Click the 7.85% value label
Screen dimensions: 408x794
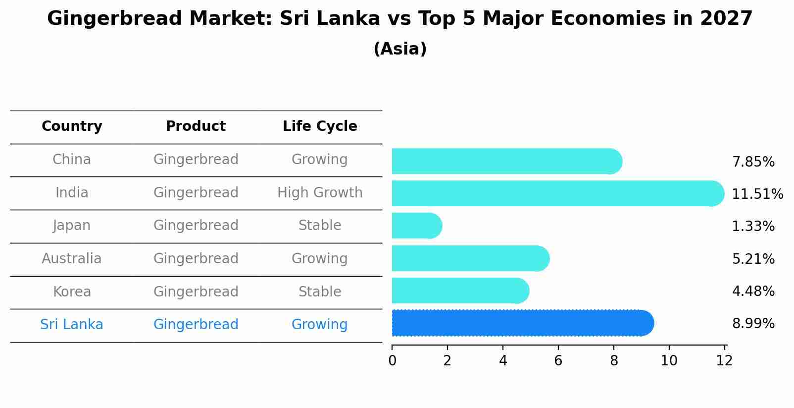[753, 162]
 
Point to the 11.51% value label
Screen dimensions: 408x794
[757, 194]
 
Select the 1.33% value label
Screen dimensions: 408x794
[753, 227]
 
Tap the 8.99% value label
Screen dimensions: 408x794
[753, 324]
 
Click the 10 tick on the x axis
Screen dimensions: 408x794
[669, 361]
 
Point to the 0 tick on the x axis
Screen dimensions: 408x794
[392, 361]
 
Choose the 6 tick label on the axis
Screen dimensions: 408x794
[558, 361]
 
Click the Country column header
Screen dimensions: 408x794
[72, 126]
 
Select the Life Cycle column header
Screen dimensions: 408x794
[320, 126]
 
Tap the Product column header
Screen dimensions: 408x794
[196, 126]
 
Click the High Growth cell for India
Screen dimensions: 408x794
[320, 193]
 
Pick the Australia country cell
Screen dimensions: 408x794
[72, 259]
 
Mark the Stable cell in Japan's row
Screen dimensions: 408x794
[320, 226]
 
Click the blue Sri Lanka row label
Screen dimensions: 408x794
[72, 325]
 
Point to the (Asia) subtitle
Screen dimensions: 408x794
[400, 49]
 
